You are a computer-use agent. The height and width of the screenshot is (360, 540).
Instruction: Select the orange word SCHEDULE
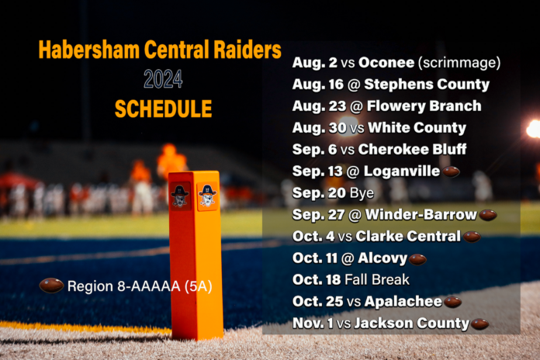click(164, 109)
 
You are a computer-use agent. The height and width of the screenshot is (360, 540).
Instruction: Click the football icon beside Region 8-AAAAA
click(51, 286)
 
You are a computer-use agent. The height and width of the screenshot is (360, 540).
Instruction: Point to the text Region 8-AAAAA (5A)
click(138, 286)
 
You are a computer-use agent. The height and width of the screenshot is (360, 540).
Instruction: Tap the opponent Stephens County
click(432, 85)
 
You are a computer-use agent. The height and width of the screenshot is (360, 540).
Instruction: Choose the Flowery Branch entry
click(431, 106)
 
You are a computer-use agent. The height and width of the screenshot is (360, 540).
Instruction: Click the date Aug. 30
click(313, 128)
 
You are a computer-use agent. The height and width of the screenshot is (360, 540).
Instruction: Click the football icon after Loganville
click(450, 171)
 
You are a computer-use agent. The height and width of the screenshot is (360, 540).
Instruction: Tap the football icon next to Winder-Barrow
click(488, 215)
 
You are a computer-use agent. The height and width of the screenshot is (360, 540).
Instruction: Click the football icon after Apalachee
click(452, 302)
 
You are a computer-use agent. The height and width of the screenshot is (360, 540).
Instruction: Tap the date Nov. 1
click(312, 324)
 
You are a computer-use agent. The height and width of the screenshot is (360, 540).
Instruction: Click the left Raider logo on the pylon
click(180, 196)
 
